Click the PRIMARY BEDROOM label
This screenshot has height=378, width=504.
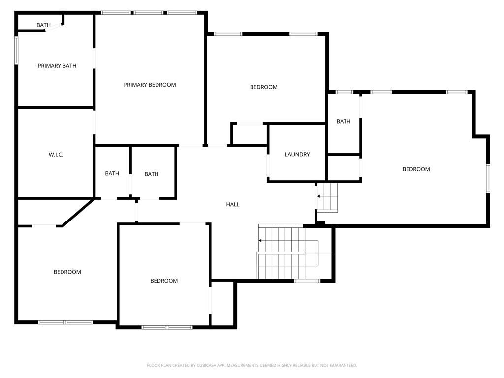[150, 85]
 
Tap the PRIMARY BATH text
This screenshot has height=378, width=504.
[57, 66]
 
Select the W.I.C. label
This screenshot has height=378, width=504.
[56, 155]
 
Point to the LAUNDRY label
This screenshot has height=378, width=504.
[297, 154]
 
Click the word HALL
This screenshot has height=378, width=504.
[233, 204]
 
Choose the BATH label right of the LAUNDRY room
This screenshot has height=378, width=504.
[344, 121]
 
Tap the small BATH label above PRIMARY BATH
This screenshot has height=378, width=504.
[43, 25]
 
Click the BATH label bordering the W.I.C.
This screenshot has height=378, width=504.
[112, 173]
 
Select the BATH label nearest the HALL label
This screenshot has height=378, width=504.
[152, 174]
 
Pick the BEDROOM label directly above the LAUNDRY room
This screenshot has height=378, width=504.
[264, 87]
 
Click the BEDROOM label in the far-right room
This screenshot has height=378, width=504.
[416, 169]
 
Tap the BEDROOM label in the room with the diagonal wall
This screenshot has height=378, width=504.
[67, 272]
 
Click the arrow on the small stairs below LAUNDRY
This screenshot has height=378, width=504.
[319, 196]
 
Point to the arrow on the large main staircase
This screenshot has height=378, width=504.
[260, 241]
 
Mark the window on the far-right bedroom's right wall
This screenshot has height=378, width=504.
[488, 178]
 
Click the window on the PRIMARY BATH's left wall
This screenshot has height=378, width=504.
[16, 51]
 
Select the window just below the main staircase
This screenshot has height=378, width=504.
[307, 281]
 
